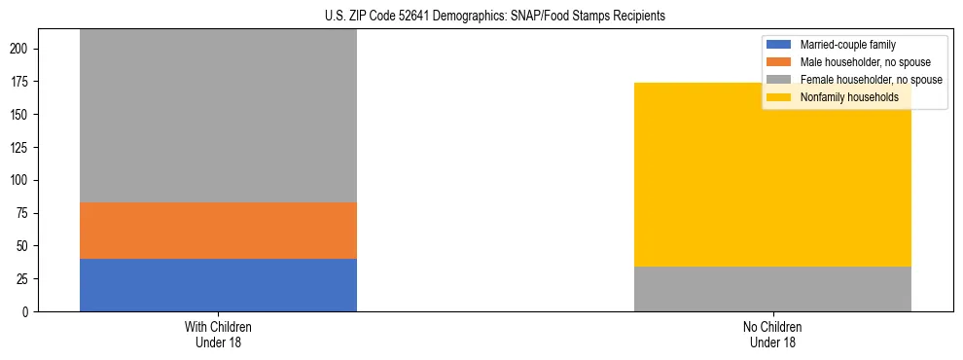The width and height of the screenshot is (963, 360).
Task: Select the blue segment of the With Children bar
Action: tap(218, 285)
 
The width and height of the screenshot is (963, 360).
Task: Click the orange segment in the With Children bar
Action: tap(218, 231)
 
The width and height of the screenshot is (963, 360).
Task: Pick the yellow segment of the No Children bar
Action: tap(772, 175)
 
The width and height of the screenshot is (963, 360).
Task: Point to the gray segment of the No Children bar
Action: tap(772, 289)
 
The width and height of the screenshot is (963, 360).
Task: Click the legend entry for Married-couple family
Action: tap(847, 45)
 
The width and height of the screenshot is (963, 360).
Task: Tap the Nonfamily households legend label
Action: tap(849, 97)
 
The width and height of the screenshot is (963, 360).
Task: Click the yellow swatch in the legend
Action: tap(780, 97)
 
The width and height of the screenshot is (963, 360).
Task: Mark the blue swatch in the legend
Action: tap(780, 45)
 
